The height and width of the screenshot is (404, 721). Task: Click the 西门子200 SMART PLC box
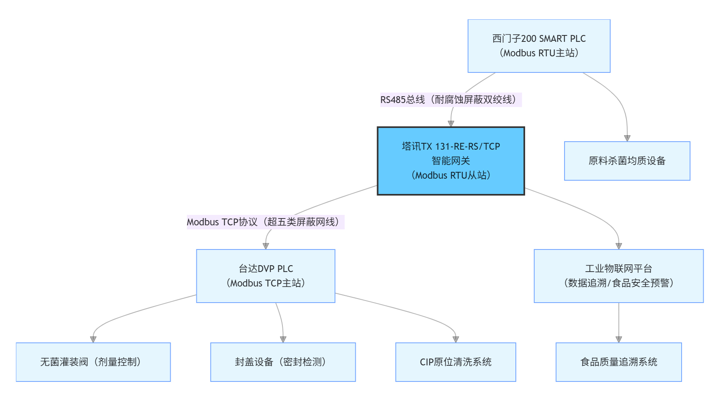[x=539, y=46]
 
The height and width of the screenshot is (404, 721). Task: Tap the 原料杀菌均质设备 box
[x=627, y=161]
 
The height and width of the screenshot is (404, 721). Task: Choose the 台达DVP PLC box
[x=266, y=276]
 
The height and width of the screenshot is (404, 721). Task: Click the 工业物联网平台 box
[x=618, y=276]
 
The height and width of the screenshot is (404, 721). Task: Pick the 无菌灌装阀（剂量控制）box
[x=93, y=362]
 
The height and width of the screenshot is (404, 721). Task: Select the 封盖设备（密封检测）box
[x=283, y=362]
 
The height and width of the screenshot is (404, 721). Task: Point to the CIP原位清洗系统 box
[x=455, y=362]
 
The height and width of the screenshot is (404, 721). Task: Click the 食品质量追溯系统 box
[x=618, y=362]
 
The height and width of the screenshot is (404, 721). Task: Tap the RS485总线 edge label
[x=451, y=100]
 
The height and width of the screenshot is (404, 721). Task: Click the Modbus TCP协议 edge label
[x=266, y=222]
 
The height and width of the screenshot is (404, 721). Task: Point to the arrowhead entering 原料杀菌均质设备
[x=627, y=138]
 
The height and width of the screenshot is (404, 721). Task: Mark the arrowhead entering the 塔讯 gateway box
[x=451, y=124]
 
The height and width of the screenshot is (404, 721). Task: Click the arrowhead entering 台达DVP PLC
[x=266, y=246]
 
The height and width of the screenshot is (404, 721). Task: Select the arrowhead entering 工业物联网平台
[x=619, y=246]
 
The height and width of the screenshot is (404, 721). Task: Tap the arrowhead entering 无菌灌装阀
[x=93, y=340]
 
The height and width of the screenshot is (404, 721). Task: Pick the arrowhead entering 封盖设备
[x=283, y=340]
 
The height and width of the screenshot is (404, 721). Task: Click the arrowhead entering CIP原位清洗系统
[x=456, y=340]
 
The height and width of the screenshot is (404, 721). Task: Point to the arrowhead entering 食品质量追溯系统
[x=619, y=340]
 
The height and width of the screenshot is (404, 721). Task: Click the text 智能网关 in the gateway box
[x=451, y=161]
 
